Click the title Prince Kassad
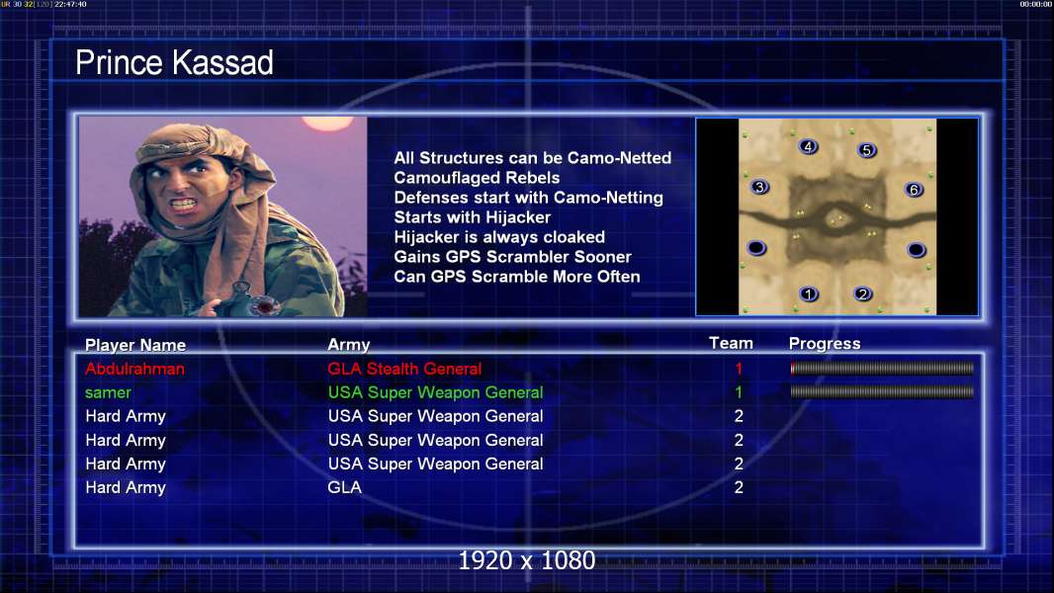174,63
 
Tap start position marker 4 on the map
808,146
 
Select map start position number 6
914,190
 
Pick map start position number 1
809,294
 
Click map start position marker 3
759,187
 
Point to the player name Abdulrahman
134,369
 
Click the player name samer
108,393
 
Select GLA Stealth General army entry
404,369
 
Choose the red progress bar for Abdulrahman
882,368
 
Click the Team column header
731,343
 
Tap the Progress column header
824,343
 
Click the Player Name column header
135,345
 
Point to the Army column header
348,345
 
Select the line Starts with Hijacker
472,217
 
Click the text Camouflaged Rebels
477,178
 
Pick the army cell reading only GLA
344,487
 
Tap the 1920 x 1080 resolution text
526,560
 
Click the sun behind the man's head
327,123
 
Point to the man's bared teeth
184,203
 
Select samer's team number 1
739,392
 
